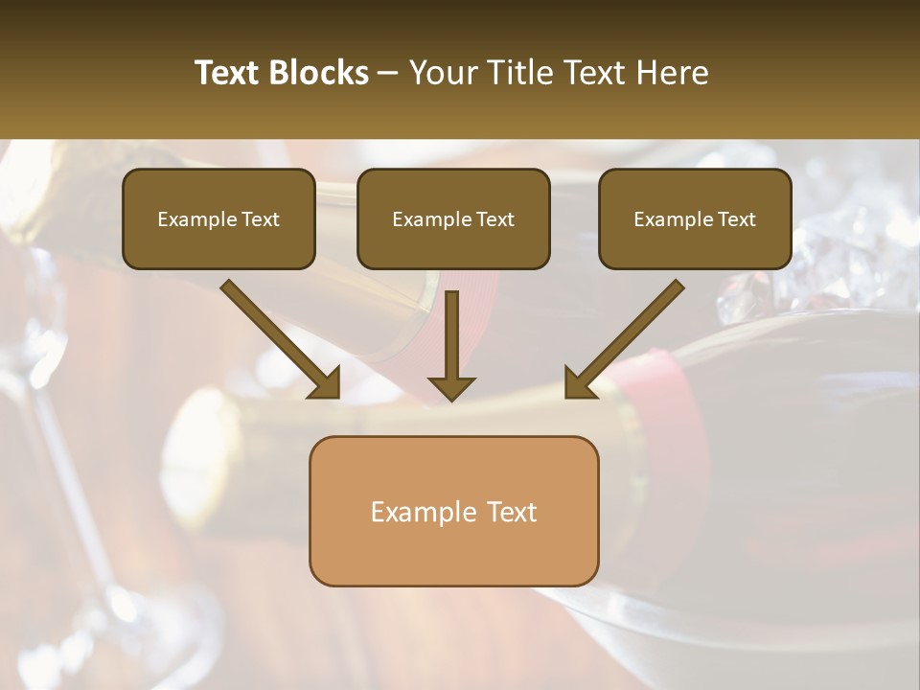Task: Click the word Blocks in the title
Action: [320, 73]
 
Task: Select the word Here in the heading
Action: [673, 73]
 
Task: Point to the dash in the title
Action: [388, 74]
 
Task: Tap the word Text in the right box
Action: [736, 219]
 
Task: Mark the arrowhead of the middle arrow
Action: [451, 386]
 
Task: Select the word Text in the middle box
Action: [494, 219]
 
